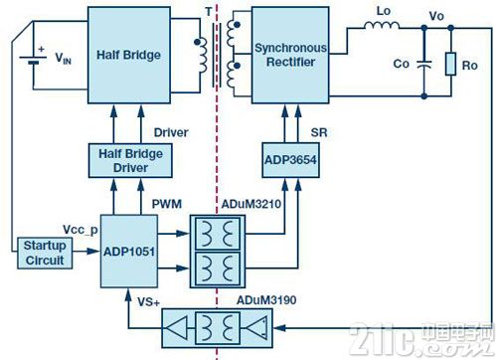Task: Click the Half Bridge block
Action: tap(129, 55)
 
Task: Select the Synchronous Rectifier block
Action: tap(290, 55)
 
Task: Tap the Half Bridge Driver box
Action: tap(130, 160)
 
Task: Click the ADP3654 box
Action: tap(290, 160)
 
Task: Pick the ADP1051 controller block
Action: tap(129, 252)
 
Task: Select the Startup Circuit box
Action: tap(45, 253)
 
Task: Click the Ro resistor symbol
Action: tap(450, 64)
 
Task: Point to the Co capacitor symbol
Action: tap(424, 64)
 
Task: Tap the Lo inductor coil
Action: tap(382, 26)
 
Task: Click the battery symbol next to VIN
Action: tap(33, 60)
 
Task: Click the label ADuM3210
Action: tap(251, 204)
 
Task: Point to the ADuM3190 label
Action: tap(266, 300)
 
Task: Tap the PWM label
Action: tap(167, 204)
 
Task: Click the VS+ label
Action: tap(149, 302)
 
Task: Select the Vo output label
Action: tap(436, 16)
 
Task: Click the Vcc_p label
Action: tap(81, 230)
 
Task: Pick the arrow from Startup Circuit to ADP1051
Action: tap(86, 252)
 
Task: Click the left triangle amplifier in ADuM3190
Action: tap(177, 328)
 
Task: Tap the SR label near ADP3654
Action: tap(319, 132)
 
